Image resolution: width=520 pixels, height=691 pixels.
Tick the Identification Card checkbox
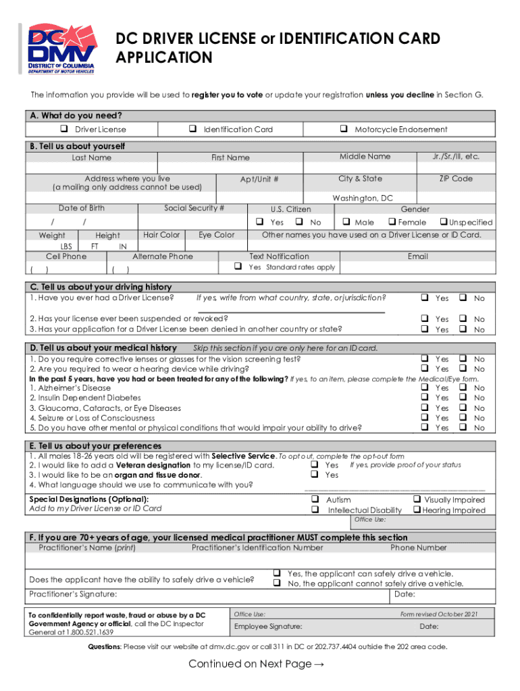click(x=192, y=129)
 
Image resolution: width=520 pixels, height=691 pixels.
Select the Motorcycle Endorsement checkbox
click(x=344, y=129)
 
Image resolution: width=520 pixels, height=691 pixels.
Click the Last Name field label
click(x=92, y=158)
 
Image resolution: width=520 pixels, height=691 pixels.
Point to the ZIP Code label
click(x=456, y=179)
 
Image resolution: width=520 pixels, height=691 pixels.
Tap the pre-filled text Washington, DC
click(x=363, y=198)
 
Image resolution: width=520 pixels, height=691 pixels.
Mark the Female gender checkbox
click(x=391, y=222)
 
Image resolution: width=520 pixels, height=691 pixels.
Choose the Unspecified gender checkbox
click(x=443, y=222)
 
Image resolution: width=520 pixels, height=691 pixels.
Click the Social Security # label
click(x=194, y=209)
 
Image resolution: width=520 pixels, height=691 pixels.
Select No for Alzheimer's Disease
click(x=463, y=388)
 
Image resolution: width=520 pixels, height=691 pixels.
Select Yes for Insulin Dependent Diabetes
click(x=425, y=398)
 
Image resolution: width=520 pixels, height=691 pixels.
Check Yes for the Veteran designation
click(x=315, y=465)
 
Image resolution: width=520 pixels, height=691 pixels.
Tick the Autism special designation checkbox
click(x=315, y=500)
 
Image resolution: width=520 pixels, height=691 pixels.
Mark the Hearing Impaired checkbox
click(x=416, y=510)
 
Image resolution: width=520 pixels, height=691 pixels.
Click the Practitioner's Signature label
click(x=73, y=594)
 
